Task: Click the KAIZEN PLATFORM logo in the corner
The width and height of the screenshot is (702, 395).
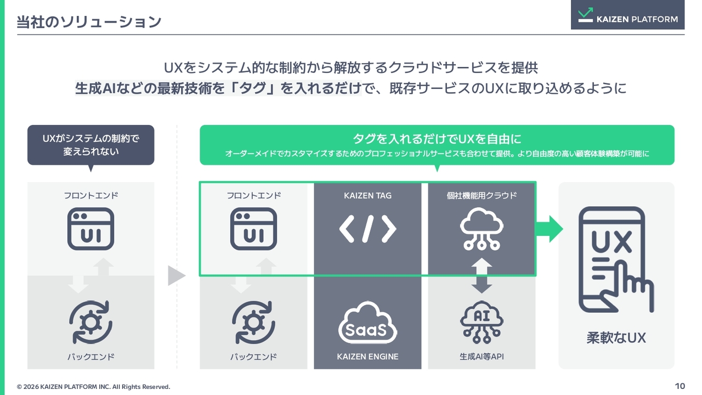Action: coord(627,15)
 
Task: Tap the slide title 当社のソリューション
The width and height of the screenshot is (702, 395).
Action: coord(89,22)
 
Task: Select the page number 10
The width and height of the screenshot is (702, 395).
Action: coord(680,386)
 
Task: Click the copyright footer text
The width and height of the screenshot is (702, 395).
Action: coord(93,387)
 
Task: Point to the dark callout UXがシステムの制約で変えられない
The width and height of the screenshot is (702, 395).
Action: coord(91,145)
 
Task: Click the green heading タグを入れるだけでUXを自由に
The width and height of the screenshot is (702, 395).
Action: coord(437,139)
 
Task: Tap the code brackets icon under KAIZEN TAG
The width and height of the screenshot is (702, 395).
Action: coord(367,229)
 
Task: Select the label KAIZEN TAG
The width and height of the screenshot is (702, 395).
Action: coord(367,196)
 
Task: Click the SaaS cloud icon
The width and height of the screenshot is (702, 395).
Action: coord(367,323)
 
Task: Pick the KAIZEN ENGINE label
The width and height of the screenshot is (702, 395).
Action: coord(367,357)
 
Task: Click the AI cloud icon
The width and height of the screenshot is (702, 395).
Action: coord(482,322)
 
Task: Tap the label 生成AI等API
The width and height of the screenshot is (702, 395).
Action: coord(482,357)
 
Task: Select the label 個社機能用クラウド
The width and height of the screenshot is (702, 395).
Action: coord(482,196)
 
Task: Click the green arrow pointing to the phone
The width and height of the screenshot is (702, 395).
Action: coord(550,229)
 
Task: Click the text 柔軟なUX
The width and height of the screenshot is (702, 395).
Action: coord(616,337)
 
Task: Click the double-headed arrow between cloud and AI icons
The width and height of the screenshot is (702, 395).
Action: coord(482,275)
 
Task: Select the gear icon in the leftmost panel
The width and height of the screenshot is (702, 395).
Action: coord(91,322)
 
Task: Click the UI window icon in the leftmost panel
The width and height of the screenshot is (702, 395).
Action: coord(91,229)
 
